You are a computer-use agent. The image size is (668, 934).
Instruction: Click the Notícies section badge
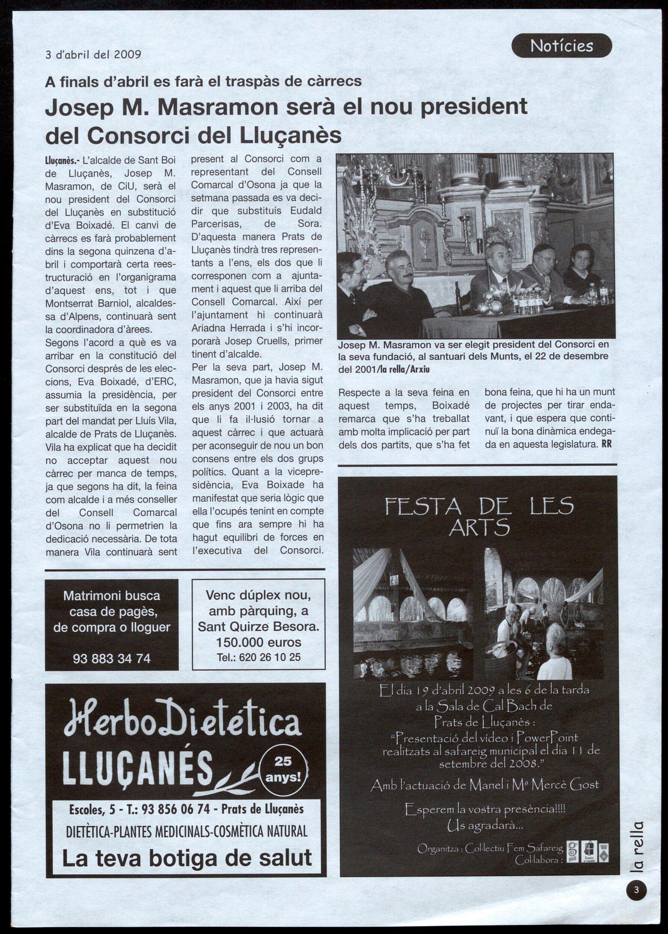(561, 46)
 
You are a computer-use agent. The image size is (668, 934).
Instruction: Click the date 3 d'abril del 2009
(93, 54)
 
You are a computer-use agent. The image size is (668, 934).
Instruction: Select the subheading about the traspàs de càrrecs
(203, 81)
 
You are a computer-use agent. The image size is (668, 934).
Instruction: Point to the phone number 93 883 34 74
(112, 659)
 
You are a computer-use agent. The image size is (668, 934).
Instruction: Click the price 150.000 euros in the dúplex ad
(258, 642)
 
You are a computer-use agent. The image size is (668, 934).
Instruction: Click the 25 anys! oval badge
(283, 769)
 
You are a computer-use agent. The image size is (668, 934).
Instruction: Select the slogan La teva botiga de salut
(187, 858)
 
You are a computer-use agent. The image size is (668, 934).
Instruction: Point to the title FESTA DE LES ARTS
(479, 517)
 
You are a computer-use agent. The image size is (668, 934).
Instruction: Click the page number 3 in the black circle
(636, 890)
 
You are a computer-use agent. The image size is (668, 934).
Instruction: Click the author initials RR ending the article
(606, 444)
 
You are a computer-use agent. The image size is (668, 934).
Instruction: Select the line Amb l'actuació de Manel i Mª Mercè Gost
(484, 785)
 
